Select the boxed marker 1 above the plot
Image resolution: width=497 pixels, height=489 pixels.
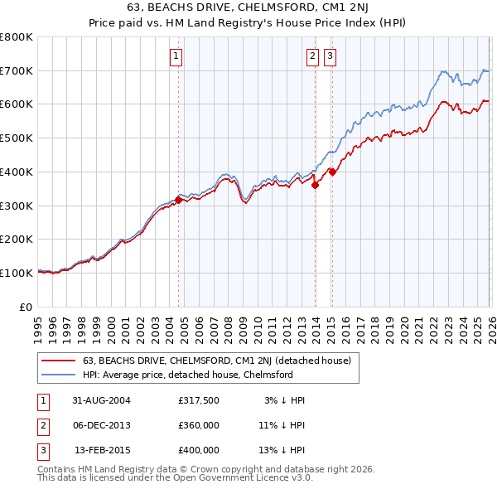click(x=177, y=56)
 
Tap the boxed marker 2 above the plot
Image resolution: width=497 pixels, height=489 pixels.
click(x=312, y=56)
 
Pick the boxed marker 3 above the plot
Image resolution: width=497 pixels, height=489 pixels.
click(x=330, y=56)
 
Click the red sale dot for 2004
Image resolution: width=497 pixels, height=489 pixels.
click(x=178, y=199)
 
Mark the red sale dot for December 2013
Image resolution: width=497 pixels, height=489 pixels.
click(x=315, y=186)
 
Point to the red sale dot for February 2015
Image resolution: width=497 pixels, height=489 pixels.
click(x=332, y=172)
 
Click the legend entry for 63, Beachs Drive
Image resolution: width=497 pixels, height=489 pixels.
click(x=217, y=361)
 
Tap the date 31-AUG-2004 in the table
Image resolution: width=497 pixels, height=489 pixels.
click(x=102, y=400)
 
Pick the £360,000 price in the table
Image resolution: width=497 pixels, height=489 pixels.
click(x=199, y=425)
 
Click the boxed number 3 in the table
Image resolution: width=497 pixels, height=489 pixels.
click(x=42, y=450)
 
